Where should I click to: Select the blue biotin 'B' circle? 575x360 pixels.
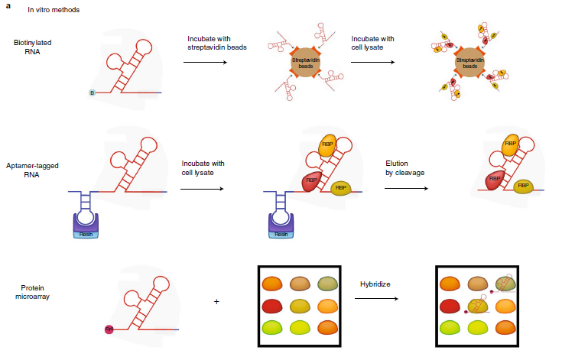tap(93, 94)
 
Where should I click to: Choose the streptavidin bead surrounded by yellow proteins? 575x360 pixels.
tap(469, 61)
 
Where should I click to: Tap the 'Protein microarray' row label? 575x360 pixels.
tap(36, 294)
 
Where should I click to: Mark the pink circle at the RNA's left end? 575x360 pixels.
tap(109, 329)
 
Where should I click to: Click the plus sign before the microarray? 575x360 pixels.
tap(216, 301)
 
